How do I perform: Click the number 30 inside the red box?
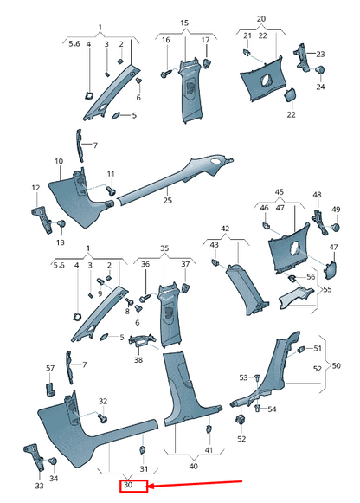pos(126,486)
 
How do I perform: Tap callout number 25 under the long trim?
pos(168,201)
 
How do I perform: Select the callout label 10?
pos(59,162)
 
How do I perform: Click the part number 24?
pos(321,87)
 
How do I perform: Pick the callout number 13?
pos(60,242)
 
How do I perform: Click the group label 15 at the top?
pos(183,21)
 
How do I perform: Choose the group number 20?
pos(261,17)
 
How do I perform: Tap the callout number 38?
pos(138,359)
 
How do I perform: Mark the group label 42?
pos(224,229)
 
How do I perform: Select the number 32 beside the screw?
pos(103,401)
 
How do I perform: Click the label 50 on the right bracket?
pos(336,365)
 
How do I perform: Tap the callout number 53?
pos(244,377)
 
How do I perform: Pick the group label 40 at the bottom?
pos(193,467)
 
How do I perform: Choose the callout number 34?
pos(54,478)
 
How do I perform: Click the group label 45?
pos(279,192)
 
